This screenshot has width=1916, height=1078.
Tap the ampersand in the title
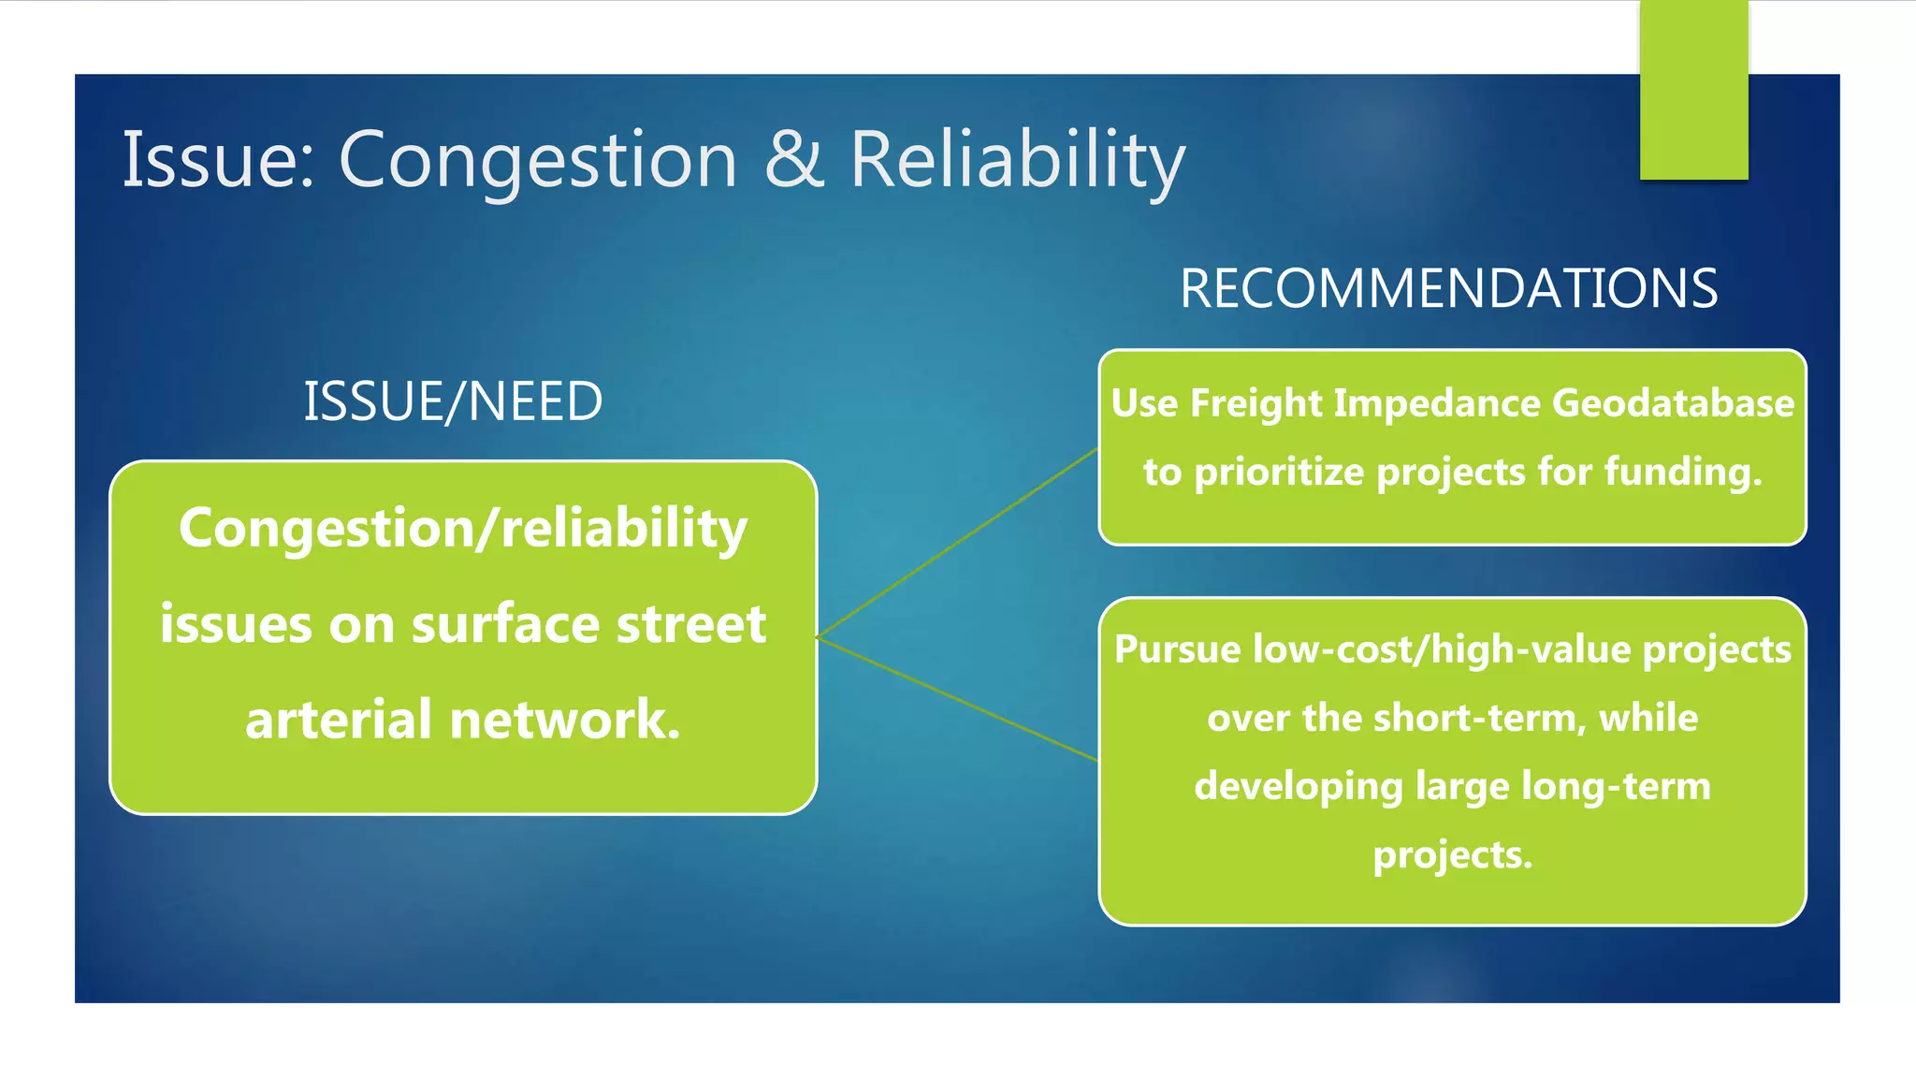coord(793,159)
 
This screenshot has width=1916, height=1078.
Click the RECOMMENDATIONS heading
coord(1448,288)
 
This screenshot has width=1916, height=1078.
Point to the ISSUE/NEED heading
coord(453,401)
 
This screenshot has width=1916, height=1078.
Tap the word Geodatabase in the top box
coord(1673,403)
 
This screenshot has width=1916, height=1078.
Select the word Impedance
coord(1440,403)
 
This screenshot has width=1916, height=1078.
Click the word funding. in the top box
coord(1683,471)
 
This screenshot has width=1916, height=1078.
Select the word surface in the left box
coord(505,624)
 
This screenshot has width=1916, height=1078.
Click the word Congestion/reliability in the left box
coord(463,529)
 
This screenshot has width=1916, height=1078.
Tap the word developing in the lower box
coord(1299,787)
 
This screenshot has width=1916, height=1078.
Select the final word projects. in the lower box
coord(1452,855)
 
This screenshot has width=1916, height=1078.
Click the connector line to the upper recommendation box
coord(956,544)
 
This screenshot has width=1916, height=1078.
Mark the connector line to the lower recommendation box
coord(956,698)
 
